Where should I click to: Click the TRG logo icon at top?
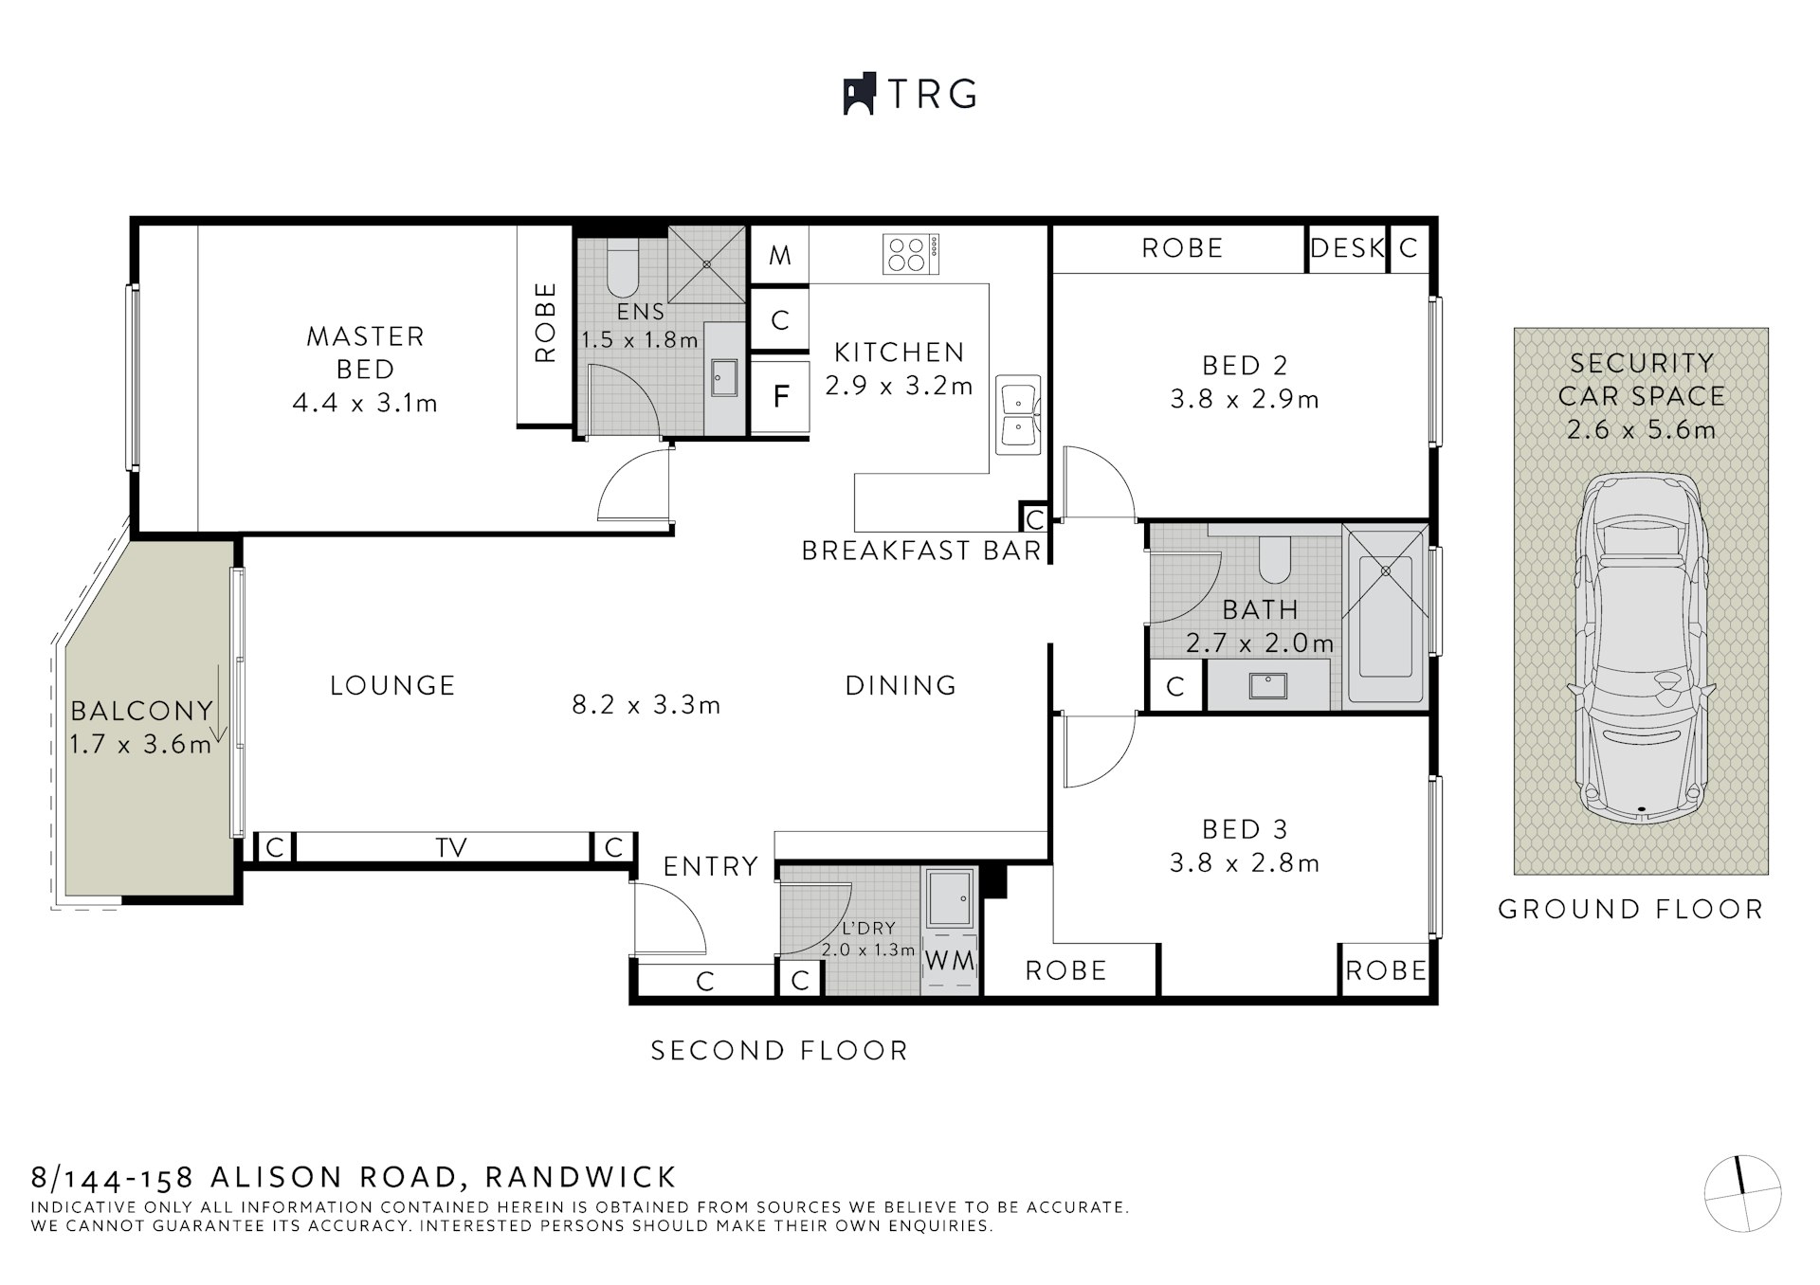point(858,94)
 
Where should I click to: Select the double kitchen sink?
point(1018,414)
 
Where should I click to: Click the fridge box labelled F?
point(780,396)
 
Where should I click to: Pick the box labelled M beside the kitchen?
point(779,254)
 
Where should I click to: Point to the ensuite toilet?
point(623,270)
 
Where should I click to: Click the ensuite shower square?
point(707,264)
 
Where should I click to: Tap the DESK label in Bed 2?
point(1346,248)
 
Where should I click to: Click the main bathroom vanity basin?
point(1267,684)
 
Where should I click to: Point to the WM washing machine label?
point(950,961)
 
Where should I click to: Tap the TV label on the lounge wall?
point(451,847)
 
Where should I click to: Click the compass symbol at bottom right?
point(1742,1193)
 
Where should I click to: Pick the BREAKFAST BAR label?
point(920,551)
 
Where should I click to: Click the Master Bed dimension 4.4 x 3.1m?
point(365,404)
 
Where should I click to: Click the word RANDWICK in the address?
point(580,1177)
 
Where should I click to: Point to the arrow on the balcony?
point(218,705)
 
